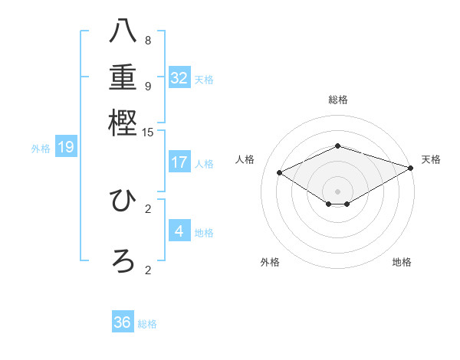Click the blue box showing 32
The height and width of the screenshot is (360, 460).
(179, 78)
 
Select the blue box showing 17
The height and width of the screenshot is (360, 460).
(179, 162)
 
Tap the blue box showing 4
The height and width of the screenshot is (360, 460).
(179, 231)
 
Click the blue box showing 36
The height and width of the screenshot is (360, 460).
(123, 322)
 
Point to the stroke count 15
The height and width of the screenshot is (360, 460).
(148, 133)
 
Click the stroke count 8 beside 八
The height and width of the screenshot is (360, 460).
(148, 41)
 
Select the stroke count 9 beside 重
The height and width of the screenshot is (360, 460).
(148, 86)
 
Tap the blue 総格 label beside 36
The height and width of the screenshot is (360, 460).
(147, 324)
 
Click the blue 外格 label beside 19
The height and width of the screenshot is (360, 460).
(41, 149)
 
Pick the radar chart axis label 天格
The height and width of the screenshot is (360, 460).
(431, 159)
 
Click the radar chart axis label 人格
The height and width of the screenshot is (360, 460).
(245, 159)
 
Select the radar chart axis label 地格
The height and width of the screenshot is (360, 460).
(402, 262)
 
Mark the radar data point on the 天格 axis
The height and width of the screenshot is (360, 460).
(412, 168)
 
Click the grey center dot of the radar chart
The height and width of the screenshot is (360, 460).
(337, 191)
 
